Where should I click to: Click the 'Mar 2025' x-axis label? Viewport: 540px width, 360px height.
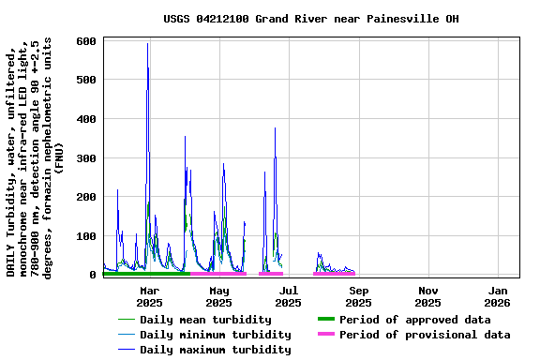(x=149, y=296)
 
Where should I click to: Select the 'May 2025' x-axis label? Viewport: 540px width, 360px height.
(x=218, y=296)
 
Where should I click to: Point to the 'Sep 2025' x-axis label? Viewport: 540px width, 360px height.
(x=358, y=296)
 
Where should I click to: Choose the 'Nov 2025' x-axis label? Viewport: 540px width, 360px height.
(x=427, y=296)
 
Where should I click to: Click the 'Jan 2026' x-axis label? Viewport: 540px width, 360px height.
(x=497, y=296)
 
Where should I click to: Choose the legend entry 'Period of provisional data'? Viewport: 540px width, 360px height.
(x=425, y=335)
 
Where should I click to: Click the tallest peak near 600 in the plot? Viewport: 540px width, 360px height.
(x=147, y=44)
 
